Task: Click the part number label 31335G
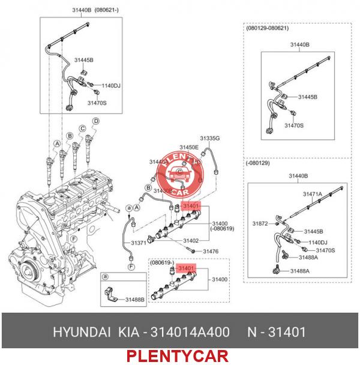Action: [x=209, y=138]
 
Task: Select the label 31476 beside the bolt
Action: [x=210, y=251]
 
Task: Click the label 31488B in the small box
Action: [x=134, y=298]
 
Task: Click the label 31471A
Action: [x=313, y=195]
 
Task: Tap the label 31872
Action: [x=260, y=224]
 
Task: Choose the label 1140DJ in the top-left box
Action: [x=110, y=86]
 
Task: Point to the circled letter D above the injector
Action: [x=95, y=122]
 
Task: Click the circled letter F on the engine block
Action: [x=73, y=239]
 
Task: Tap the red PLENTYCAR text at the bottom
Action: [x=177, y=356]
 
